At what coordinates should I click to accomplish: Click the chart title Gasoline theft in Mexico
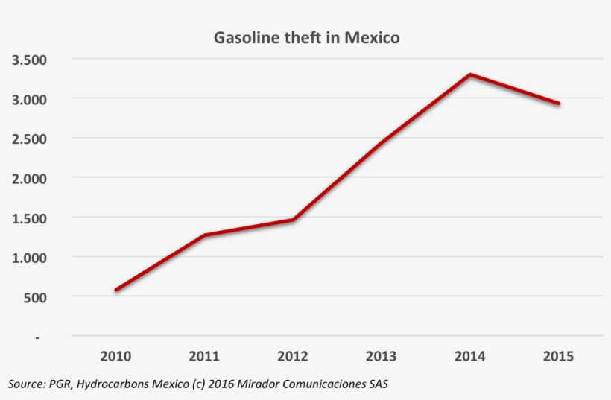click(x=307, y=37)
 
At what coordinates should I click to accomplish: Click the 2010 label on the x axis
click(x=115, y=356)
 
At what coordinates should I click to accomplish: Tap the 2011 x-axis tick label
click(x=204, y=356)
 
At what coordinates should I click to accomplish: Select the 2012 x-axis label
click(x=293, y=356)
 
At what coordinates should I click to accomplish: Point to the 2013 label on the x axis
click(x=382, y=356)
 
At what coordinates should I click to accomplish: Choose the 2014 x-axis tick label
click(x=470, y=356)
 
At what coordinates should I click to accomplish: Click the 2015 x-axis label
click(x=559, y=356)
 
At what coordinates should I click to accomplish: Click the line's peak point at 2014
click(x=470, y=74)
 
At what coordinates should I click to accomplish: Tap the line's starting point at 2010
click(x=116, y=290)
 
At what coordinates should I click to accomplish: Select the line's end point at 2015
click(x=559, y=104)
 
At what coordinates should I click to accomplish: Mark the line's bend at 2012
click(x=293, y=220)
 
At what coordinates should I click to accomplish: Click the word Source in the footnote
click(x=25, y=384)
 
